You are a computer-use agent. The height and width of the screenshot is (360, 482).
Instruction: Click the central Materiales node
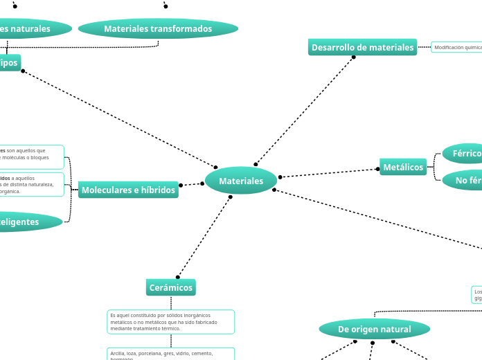pyautogui.click(x=241, y=181)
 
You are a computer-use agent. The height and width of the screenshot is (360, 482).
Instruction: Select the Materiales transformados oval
pyautogui.click(x=158, y=28)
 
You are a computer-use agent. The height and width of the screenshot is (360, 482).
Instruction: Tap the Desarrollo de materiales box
pyautogui.click(x=362, y=47)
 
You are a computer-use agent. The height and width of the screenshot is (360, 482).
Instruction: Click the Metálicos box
pyautogui.click(x=403, y=167)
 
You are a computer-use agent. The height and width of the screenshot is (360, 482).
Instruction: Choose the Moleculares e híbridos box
pyautogui.click(x=128, y=190)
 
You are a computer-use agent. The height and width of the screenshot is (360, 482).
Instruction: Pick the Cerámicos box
pyautogui.click(x=171, y=287)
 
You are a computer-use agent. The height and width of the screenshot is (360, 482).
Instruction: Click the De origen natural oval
pyautogui.click(x=374, y=329)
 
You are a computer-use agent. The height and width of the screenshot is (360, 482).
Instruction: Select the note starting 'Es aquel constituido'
pyautogui.click(x=171, y=321)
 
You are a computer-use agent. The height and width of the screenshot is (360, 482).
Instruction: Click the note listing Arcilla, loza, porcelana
pyautogui.click(x=171, y=354)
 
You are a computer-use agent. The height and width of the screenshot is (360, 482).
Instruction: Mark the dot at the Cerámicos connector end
pyautogui.click(x=178, y=277)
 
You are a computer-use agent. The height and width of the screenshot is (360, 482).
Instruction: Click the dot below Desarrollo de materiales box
pyautogui.click(x=353, y=57)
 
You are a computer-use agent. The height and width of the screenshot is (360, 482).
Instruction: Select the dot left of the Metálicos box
pyautogui.click(x=377, y=169)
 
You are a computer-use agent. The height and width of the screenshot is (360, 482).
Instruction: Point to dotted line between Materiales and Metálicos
pyautogui.click(x=329, y=173)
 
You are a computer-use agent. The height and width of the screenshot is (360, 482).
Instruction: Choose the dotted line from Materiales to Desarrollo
pyautogui.click(x=305, y=111)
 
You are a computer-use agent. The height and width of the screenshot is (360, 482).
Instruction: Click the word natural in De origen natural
pyautogui.click(x=393, y=329)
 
